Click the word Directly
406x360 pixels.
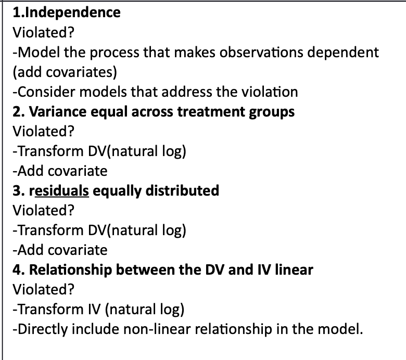point(37,329)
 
